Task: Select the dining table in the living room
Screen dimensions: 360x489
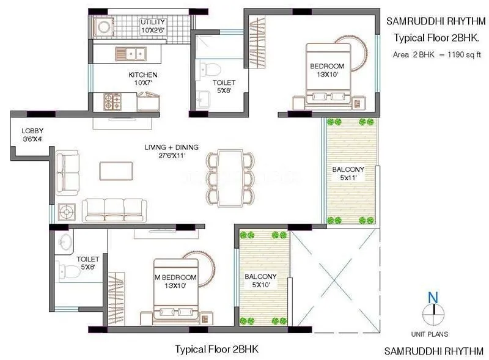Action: (x=230, y=178)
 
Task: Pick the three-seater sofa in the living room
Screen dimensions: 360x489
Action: (x=114, y=209)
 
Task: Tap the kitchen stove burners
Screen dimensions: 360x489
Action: (x=112, y=101)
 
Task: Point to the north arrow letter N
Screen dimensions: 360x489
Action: (x=433, y=298)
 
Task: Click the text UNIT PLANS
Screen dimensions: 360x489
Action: (x=430, y=334)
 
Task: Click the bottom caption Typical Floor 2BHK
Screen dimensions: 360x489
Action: (x=217, y=350)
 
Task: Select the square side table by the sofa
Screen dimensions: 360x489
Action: (x=65, y=211)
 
